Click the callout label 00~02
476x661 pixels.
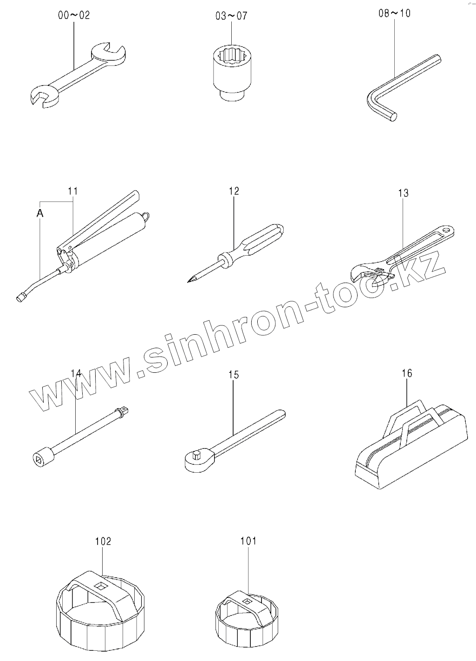(74, 15)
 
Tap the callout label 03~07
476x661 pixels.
(231, 16)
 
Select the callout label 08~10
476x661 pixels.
(394, 13)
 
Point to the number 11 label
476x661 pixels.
(73, 191)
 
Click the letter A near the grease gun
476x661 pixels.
(40, 213)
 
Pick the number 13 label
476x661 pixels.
(403, 193)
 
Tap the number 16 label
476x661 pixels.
(407, 373)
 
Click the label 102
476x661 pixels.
(103, 541)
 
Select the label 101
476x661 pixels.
(248, 541)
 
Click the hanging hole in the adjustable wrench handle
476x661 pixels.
(448, 230)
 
